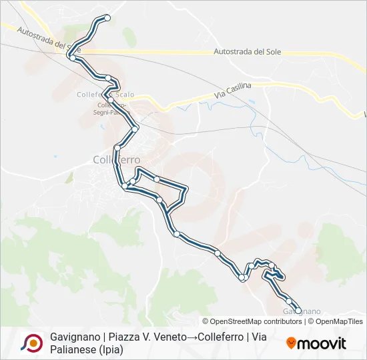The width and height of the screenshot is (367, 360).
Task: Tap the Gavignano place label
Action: (x=302, y=311)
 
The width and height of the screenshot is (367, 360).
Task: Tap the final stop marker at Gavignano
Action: (x=298, y=310)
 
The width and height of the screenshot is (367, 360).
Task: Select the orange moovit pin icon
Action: (x=291, y=343)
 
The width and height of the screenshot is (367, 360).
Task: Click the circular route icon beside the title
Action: (x=32, y=343)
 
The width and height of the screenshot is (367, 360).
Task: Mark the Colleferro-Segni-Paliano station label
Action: (x=115, y=109)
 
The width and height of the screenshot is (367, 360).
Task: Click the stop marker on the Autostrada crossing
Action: (x=72, y=57)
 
